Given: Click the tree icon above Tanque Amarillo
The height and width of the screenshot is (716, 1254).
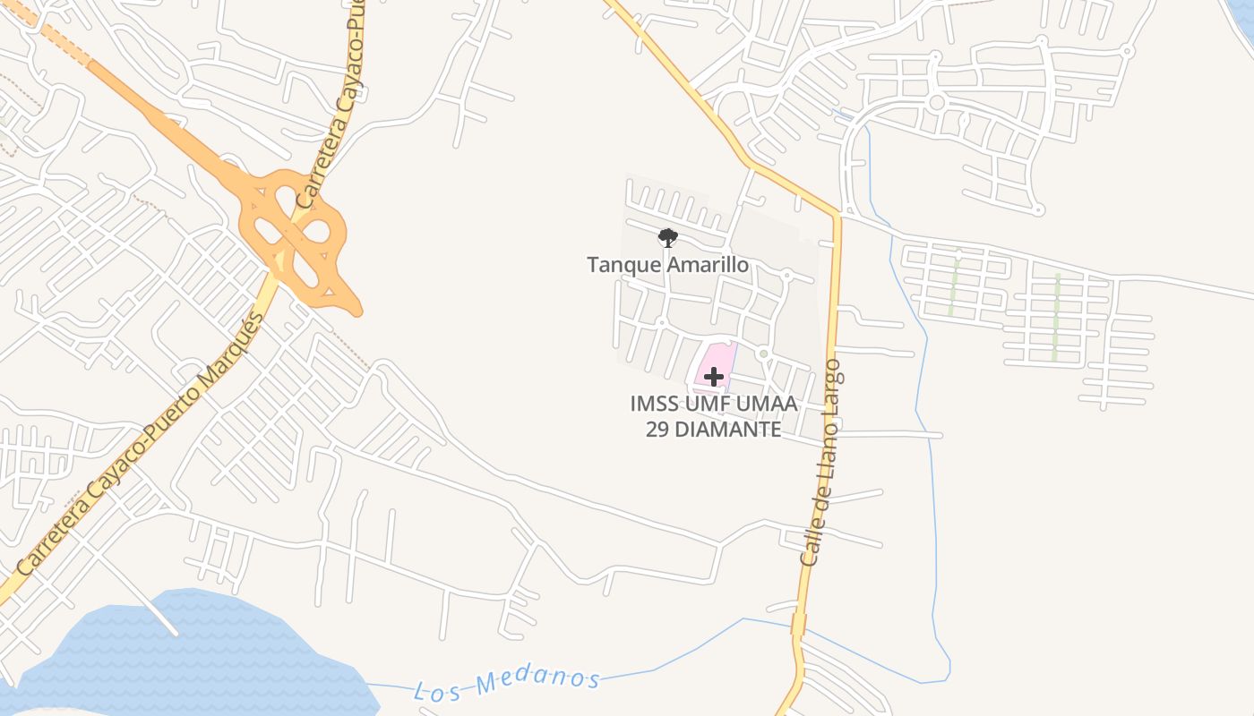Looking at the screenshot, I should [667, 237].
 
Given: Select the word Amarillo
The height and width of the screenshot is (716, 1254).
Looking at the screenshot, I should [707, 265].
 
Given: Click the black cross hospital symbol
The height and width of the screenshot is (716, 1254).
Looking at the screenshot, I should [714, 377].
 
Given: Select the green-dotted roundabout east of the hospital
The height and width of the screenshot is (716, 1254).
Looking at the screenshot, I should [763, 354].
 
